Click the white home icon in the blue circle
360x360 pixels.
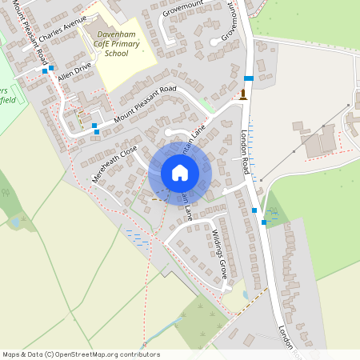[x=180, y=173]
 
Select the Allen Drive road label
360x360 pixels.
[x=74, y=76]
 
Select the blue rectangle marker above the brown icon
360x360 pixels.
[x=249, y=78]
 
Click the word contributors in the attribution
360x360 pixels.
[x=139, y=354]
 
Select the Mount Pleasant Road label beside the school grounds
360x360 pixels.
[x=143, y=104]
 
